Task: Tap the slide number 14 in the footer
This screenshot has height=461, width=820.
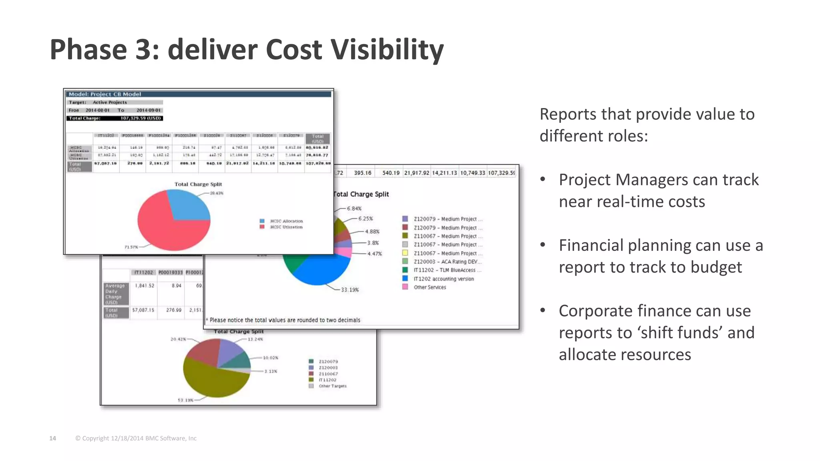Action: (x=52, y=438)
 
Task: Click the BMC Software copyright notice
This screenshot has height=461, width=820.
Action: (x=136, y=438)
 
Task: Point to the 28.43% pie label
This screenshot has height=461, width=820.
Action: (x=217, y=193)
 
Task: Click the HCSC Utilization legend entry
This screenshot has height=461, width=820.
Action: (x=286, y=227)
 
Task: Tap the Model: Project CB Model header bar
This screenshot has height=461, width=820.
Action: (x=199, y=94)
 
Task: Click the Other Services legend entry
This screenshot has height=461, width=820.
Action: (x=429, y=287)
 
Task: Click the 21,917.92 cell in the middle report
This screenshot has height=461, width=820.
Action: (x=416, y=173)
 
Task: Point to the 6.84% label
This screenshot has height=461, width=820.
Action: (x=354, y=208)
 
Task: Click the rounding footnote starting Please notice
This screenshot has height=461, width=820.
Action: (x=284, y=320)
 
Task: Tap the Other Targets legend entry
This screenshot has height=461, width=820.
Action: (x=332, y=386)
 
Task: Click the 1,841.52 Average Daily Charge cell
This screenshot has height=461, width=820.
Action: (x=144, y=286)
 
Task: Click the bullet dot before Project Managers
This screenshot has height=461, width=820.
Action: (x=543, y=179)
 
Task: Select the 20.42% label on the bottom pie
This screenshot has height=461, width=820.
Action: (x=178, y=339)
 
